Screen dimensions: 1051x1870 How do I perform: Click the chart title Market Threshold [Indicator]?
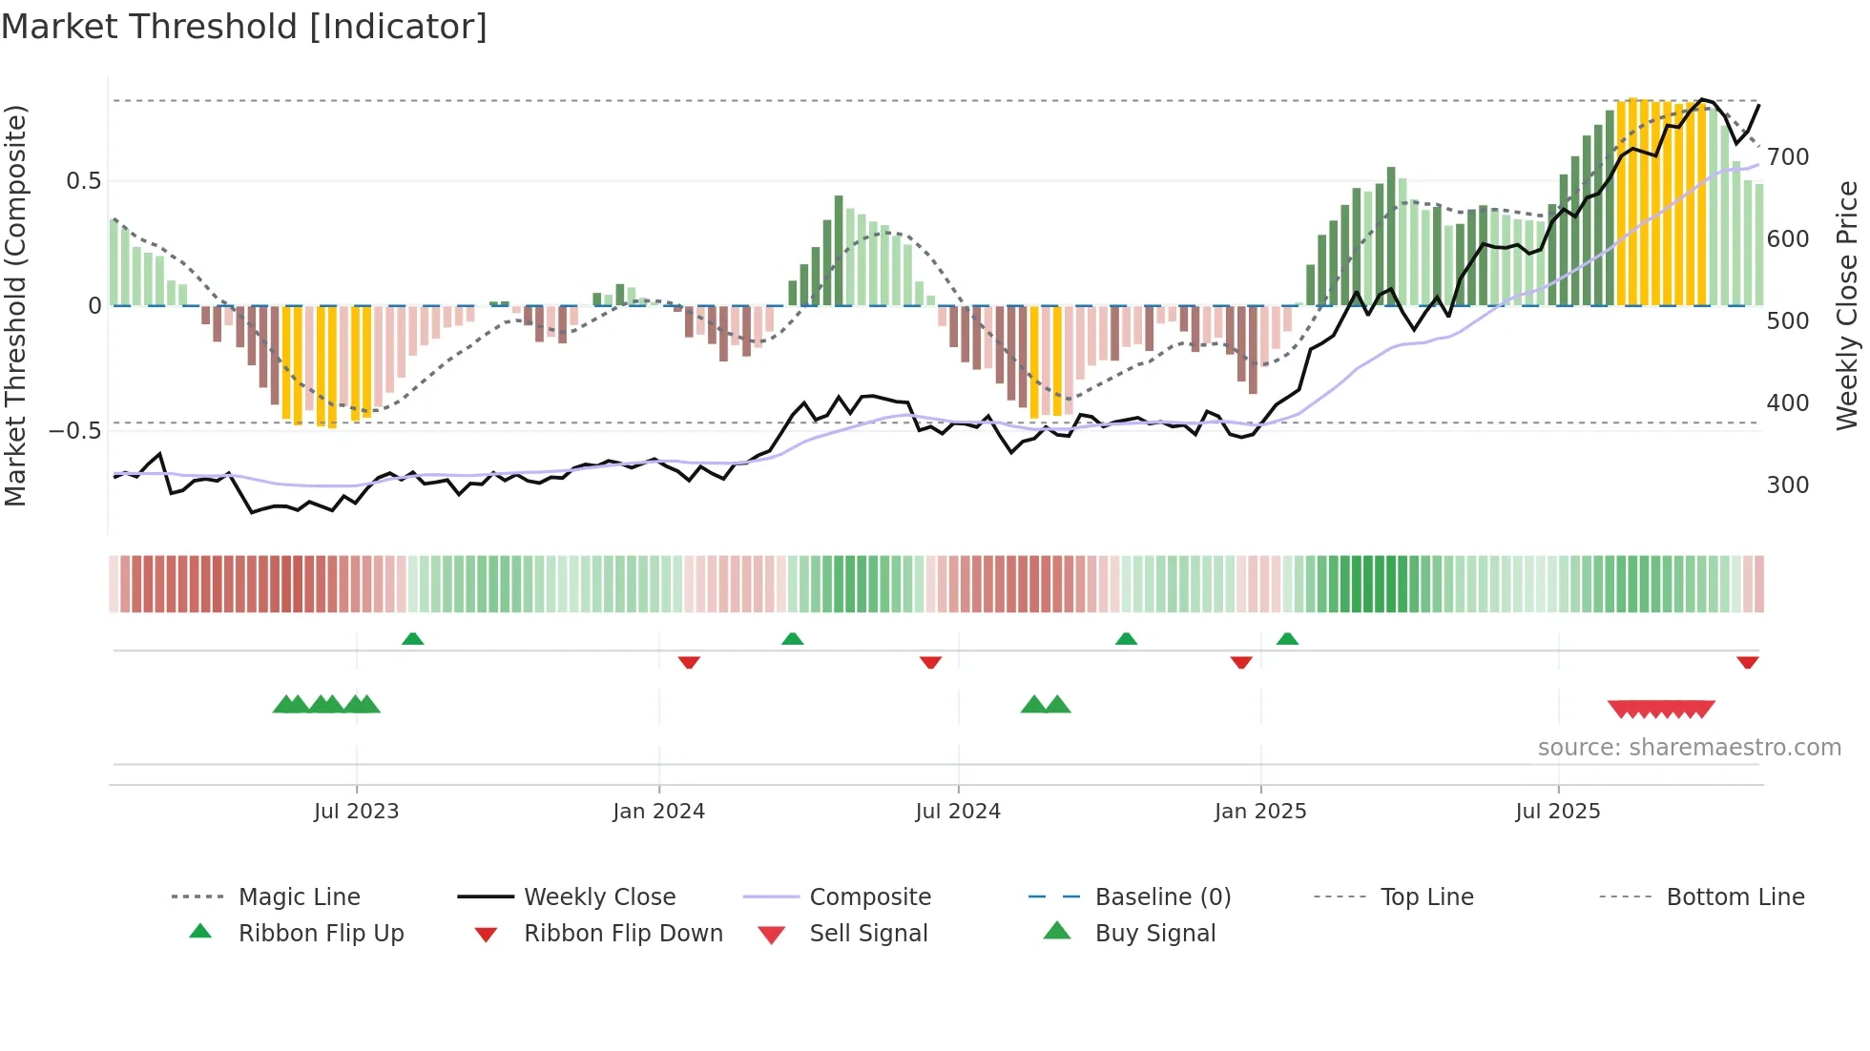point(244,27)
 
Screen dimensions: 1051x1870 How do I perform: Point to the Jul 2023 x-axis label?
point(356,812)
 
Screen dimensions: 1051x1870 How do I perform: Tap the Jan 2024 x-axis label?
point(658,812)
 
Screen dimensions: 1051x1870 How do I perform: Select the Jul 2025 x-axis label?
point(1557,812)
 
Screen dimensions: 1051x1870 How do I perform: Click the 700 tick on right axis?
point(1787,156)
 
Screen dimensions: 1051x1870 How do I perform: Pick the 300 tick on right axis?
point(1787,484)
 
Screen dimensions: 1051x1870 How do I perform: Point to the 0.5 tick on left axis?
point(83,181)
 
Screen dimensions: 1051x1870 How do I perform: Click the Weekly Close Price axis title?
point(1848,305)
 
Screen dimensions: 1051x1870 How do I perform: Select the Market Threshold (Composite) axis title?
point(15,305)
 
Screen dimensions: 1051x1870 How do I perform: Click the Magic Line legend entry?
point(299,897)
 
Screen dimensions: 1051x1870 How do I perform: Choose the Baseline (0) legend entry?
point(1162,897)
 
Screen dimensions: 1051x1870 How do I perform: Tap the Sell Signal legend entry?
point(867,934)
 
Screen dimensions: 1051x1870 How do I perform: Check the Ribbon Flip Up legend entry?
point(321,934)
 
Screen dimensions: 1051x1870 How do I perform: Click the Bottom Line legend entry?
point(1735,897)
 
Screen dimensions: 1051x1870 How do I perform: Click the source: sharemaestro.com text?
point(1689,748)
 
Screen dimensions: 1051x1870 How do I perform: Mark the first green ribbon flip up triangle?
point(412,639)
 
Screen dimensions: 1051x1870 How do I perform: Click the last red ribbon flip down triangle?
point(1747,662)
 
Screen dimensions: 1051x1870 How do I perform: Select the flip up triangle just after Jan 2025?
point(1287,639)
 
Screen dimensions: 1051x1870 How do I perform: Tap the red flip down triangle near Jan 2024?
point(689,662)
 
